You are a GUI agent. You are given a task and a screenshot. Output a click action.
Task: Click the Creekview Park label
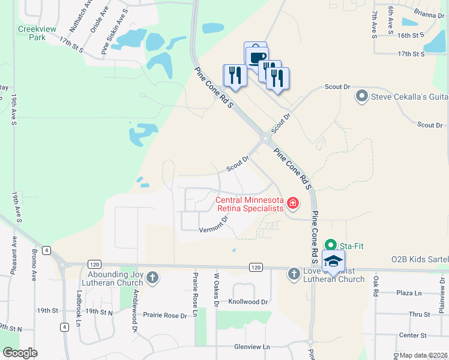(32, 32)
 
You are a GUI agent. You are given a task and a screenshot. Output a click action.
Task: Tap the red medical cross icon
(293, 203)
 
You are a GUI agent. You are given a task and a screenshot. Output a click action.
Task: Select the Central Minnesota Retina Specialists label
(249, 204)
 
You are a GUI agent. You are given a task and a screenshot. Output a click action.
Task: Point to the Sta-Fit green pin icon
(330, 245)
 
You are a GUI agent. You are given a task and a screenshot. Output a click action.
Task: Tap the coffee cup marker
(257, 56)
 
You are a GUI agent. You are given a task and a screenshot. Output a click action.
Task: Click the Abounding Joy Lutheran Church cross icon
(152, 277)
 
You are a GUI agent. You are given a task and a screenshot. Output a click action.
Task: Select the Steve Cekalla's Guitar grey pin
(361, 95)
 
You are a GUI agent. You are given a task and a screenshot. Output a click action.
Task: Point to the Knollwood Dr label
(248, 302)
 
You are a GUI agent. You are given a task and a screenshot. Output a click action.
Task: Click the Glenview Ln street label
(252, 347)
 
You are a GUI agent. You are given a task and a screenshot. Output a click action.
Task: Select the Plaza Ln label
(410, 293)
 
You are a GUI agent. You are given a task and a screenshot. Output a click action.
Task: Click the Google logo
(20, 352)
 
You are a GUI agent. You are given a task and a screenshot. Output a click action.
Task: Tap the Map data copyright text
(424, 355)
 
